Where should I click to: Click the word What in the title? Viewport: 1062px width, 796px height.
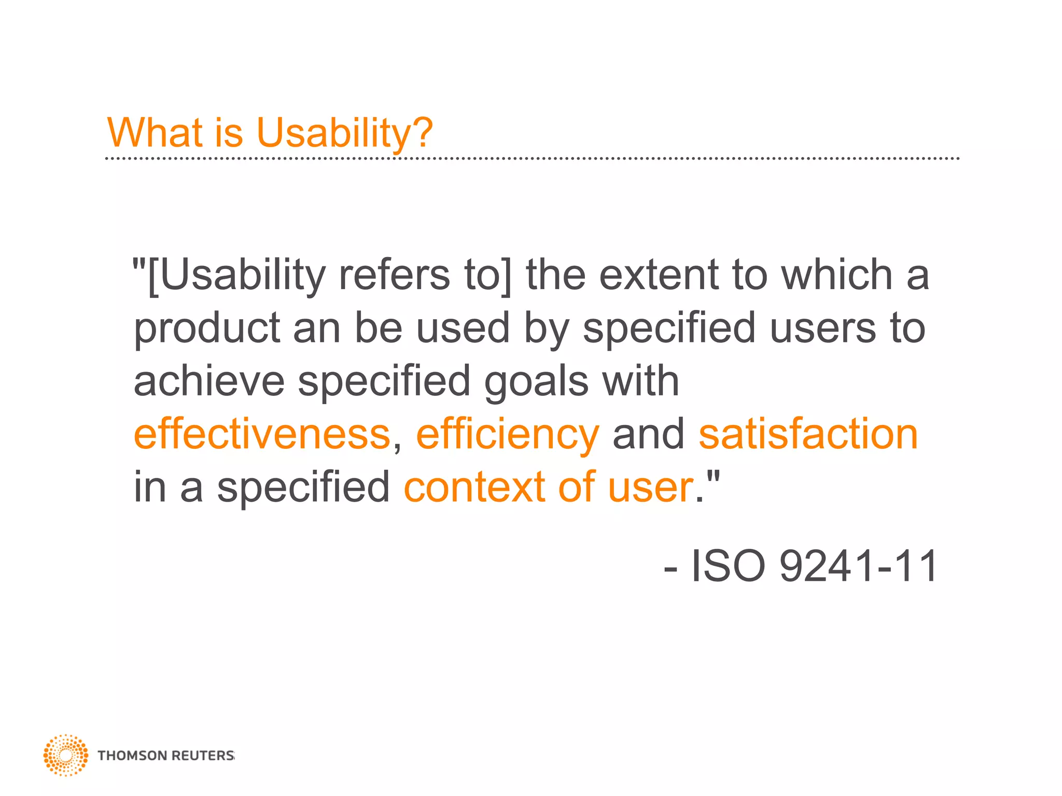[155, 133]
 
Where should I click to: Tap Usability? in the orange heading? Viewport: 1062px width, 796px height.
[344, 134]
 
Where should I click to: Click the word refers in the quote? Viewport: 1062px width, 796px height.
[395, 275]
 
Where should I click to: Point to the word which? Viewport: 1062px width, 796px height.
[837, 275]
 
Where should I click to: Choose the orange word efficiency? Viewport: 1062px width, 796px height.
[507, 435]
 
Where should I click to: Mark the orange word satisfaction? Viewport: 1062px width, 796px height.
[808, 434]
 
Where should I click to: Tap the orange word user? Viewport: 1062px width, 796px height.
[650, 488]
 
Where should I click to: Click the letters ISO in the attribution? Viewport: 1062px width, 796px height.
[728, 566]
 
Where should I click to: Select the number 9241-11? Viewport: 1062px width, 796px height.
[858, 566]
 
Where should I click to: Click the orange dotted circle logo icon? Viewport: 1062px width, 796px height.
[66, 755]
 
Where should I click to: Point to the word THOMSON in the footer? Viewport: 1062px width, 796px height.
[132, 756]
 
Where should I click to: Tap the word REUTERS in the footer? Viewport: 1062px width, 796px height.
[202, 756]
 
